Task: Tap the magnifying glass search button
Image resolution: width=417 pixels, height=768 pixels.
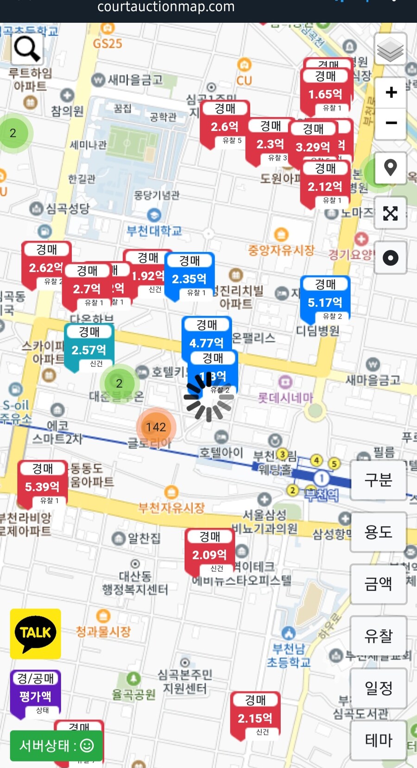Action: click(x=27, y=49)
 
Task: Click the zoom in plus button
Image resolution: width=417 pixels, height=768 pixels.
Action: click(x=391, y=92)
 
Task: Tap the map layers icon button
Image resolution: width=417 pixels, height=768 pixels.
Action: click(x=390, y=50)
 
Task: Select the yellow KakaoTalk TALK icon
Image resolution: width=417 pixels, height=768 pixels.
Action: click(x=35, y=633)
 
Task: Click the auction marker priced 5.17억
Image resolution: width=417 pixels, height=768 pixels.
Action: click(x=325, y=299)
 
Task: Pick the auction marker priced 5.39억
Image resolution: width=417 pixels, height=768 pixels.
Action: click(x=42, y=483)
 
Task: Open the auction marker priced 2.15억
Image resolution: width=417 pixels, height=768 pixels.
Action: click(x=255, y=715)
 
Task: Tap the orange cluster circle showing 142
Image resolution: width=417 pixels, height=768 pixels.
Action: click(x=156, y=427)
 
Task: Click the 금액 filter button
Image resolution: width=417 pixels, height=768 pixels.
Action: click(x=378, y=583)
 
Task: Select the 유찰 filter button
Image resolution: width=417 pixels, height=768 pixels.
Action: click(x=378, y=636)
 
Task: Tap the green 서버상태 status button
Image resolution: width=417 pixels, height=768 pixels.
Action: click(x=56, y=745)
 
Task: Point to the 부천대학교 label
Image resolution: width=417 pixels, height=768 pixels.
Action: click(x=154, y=230)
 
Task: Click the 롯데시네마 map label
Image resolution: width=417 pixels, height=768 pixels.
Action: click(x=285, y=397)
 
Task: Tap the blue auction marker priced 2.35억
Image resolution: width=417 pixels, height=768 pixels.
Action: click(x=190, y=275)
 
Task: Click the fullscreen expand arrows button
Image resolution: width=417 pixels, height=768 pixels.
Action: click(x=390, y=213)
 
